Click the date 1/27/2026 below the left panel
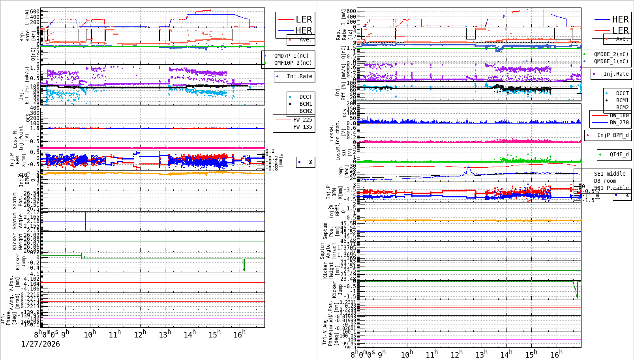pyautogui.click(x=40, y=344)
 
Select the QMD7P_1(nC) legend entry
pyautogui.click(x=291, y=56)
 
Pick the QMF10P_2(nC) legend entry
pyautogui.click(x=293, y=63)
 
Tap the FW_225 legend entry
pyautogui.click(x=302, y=120)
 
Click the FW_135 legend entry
pyautogui.click(x=302, y=127)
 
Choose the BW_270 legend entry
pyautogui.click(x=619, y=122)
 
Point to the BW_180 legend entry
pyautogui.click(x=619, y=115)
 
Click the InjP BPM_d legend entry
pyautogui.click(x=613, y=135)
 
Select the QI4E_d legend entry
pyautogui.click(x=619, y=154)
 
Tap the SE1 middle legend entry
pyautogui.click(x=610, y=174)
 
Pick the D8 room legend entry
pyautogui.click(x=605, y=181)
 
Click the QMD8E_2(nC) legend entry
pyautogui.click(x=611, y=54)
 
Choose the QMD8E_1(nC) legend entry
pyautogui.click(x=611, y=61)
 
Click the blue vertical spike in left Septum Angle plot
pyautogui.click(x=85, y=221)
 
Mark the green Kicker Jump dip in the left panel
pyautogui.click(x=244, y=265)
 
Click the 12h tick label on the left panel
pyautogui.click(x=140, y=335)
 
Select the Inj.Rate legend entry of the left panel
pyautogui.click(x=299, y=76)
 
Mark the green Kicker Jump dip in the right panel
pyautogui.click(x=577, y=290)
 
